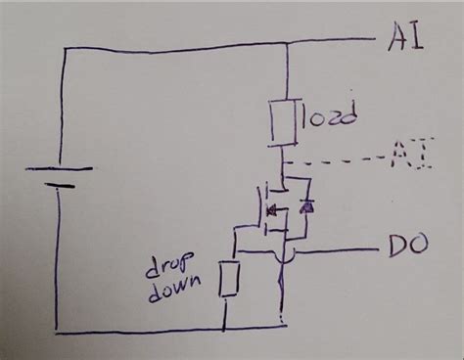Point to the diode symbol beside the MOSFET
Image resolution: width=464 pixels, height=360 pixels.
306,206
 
